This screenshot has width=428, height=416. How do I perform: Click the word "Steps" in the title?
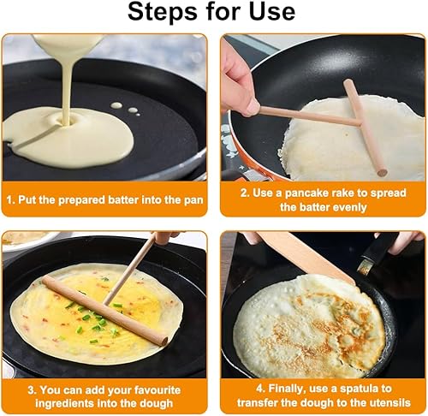pos(163,12)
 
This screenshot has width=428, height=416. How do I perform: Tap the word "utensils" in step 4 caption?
pos(390,402)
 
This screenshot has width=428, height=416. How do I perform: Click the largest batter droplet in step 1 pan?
pos(116,105)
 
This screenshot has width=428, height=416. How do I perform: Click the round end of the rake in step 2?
pos(382,172)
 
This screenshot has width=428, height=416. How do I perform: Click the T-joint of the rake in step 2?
pos(359,123)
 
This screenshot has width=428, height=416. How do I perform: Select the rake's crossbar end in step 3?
pos(163,341)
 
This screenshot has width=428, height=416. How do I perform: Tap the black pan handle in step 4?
pos(377,251)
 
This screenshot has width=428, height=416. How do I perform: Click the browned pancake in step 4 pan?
pos(310,325)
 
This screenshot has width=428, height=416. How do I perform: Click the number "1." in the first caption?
pos(11,199)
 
